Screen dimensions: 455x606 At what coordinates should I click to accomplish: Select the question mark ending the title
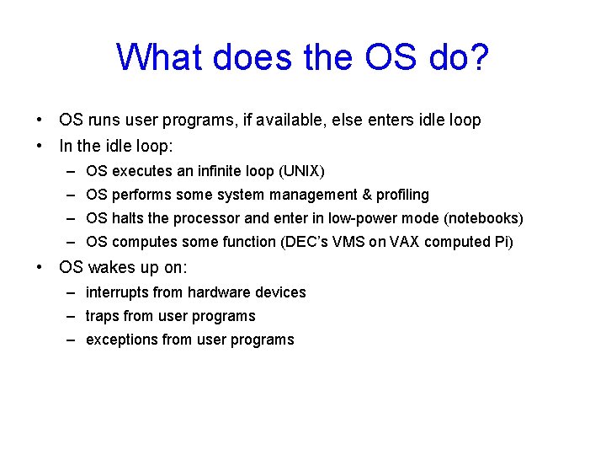479,57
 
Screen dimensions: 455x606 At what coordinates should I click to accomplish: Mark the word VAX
398,242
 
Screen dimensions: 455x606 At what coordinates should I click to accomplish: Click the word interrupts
116,292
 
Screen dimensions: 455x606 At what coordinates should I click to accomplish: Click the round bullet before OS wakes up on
40,269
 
